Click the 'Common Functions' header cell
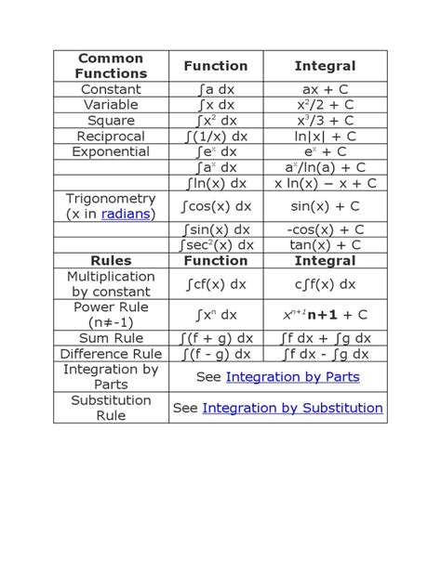pos(112,66)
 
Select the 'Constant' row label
pos(112,89)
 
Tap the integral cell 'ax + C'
pos(325,89)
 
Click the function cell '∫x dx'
pos(216,105)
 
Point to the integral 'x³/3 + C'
pos(325,121)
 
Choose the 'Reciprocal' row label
pos(112,137)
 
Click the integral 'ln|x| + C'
pos(325,137)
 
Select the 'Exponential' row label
pos(112,151)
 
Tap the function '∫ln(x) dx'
pos(216,183)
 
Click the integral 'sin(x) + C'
pos(325,206)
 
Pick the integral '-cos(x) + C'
pos(325,229)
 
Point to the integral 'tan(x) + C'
pos(325,245)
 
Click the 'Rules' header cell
pos(112,261)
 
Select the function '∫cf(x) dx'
pos(216,284)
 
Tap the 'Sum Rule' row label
pos(112,338)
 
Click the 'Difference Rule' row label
pos(112,354)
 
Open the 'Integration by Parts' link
pos(292,377)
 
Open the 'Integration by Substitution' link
pos(292,408)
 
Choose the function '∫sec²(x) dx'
pos(216,245)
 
